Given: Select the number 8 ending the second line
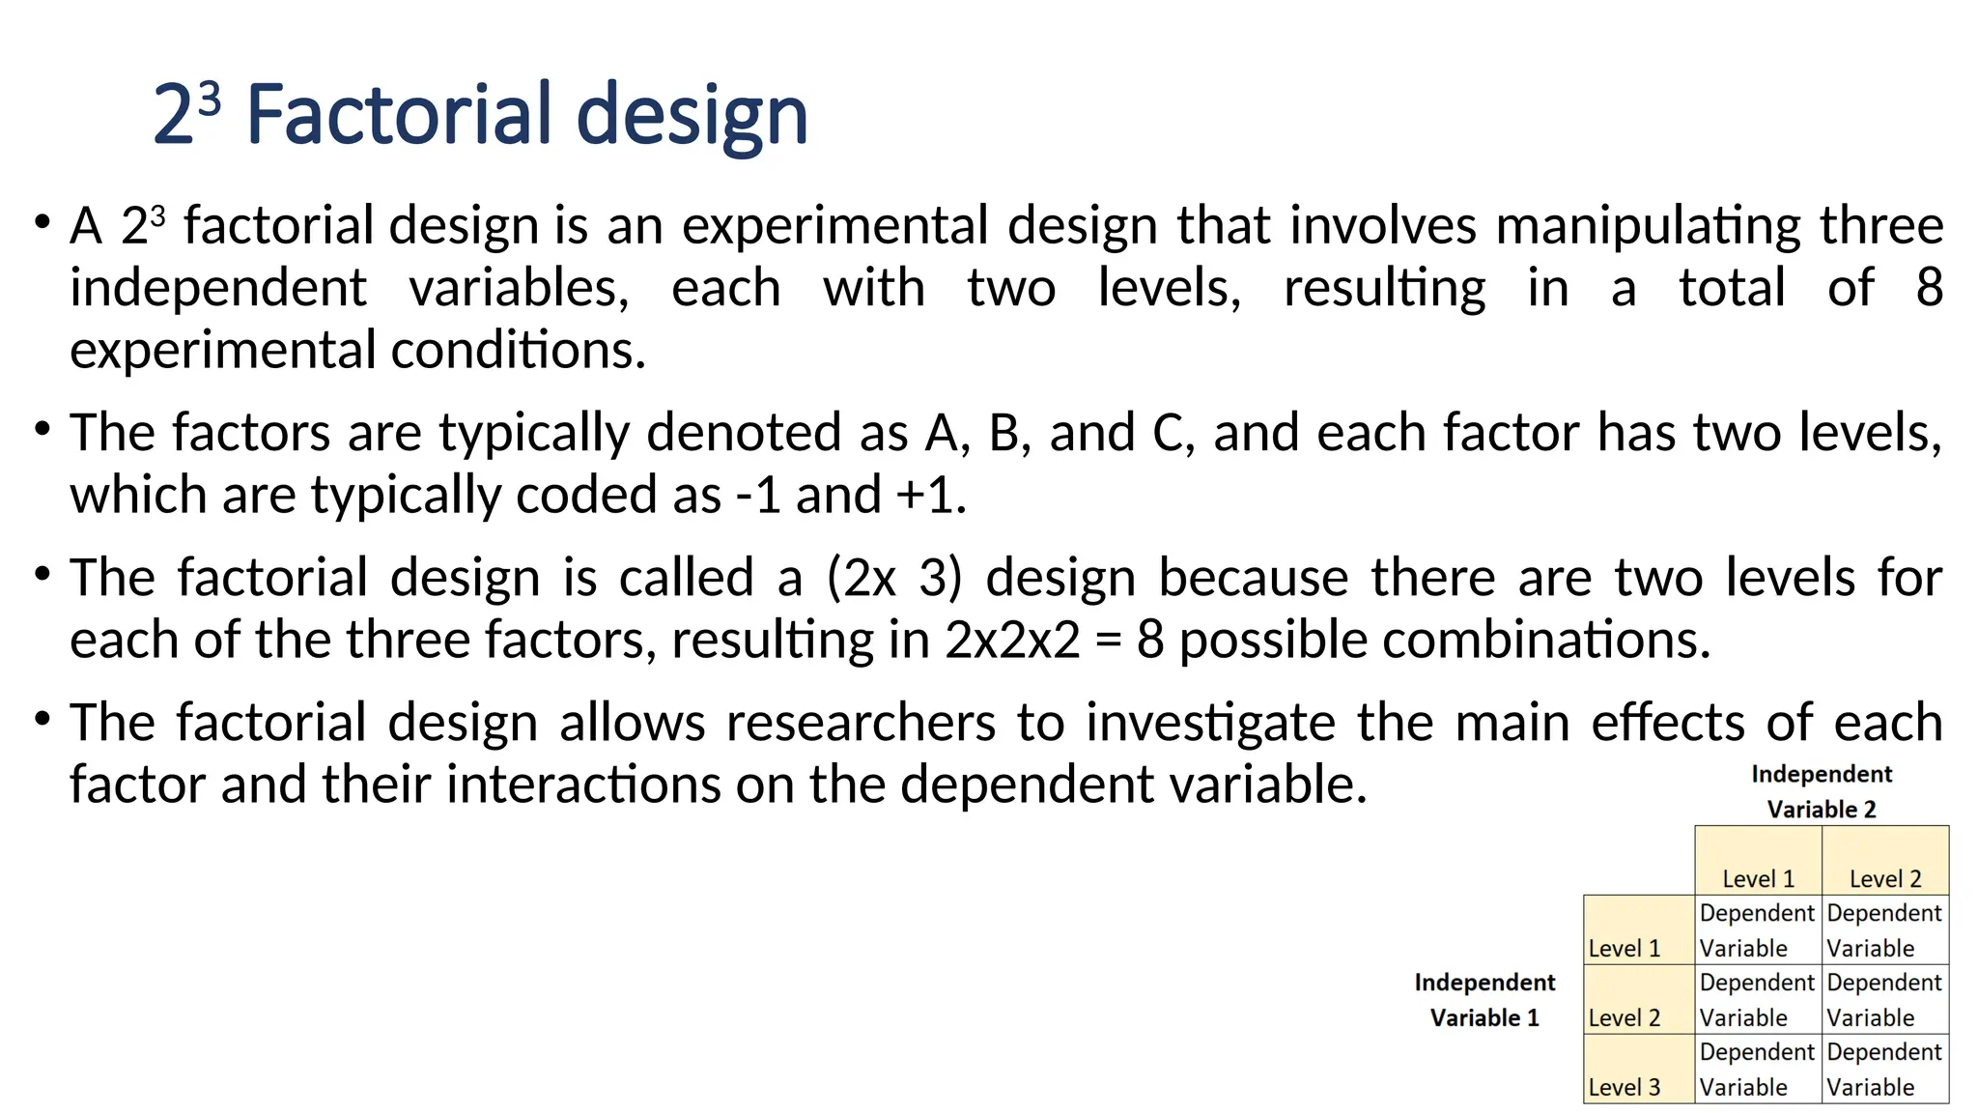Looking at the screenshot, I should pos(1929,287).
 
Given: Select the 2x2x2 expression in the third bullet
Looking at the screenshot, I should pos(1012,640).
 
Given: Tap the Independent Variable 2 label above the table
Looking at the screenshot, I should pos(1822,791).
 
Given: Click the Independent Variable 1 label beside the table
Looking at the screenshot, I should pos(1484,1000).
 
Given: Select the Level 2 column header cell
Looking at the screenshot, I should pos(1884,861).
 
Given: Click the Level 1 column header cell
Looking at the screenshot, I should pos(1758,861).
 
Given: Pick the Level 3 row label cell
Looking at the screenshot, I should pos(1638,1069).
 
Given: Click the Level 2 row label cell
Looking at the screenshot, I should pos(1638,999).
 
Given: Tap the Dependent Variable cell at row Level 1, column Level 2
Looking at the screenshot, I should pos(1884,929).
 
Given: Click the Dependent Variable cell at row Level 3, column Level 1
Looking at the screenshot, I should pos(1758,1069).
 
